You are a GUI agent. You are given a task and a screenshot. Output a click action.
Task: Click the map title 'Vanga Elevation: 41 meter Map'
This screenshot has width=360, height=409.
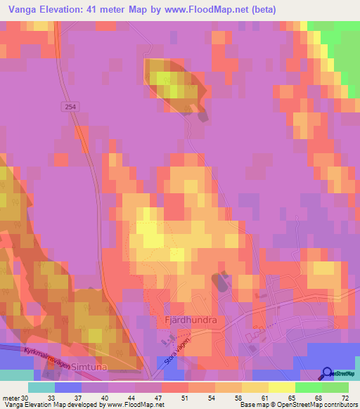coord(91,10)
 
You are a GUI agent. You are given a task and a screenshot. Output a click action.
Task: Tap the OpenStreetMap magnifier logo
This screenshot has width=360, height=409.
coord(328,373)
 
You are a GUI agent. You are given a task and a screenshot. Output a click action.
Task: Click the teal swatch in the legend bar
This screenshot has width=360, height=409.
coord(41,387)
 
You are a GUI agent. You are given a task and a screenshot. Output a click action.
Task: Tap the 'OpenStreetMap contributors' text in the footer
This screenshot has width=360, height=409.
coord(324,405)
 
